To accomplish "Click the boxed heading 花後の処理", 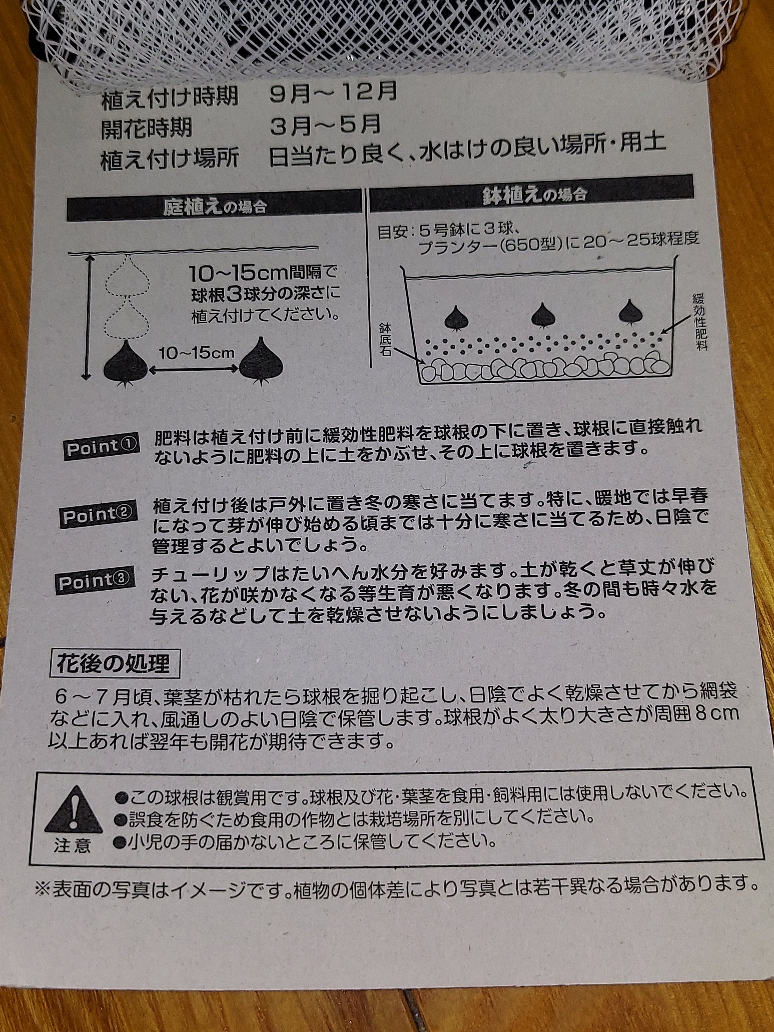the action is (114, 664).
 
